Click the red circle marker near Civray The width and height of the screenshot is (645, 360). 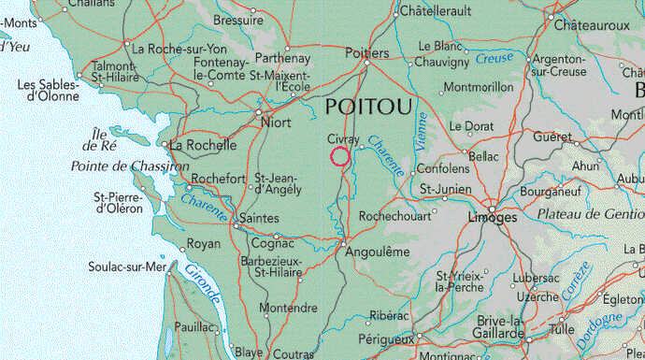[x=340, y=156]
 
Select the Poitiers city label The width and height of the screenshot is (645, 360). [x=366, y=53]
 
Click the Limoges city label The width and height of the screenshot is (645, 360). [x=491, y=217]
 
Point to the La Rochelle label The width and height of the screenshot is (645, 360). [x=202, y=145]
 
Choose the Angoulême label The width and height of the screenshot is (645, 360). [x=379, y=252]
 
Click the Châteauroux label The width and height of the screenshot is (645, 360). [x=592, y=25]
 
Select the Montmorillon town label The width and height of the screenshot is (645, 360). [x=479, y=87]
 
